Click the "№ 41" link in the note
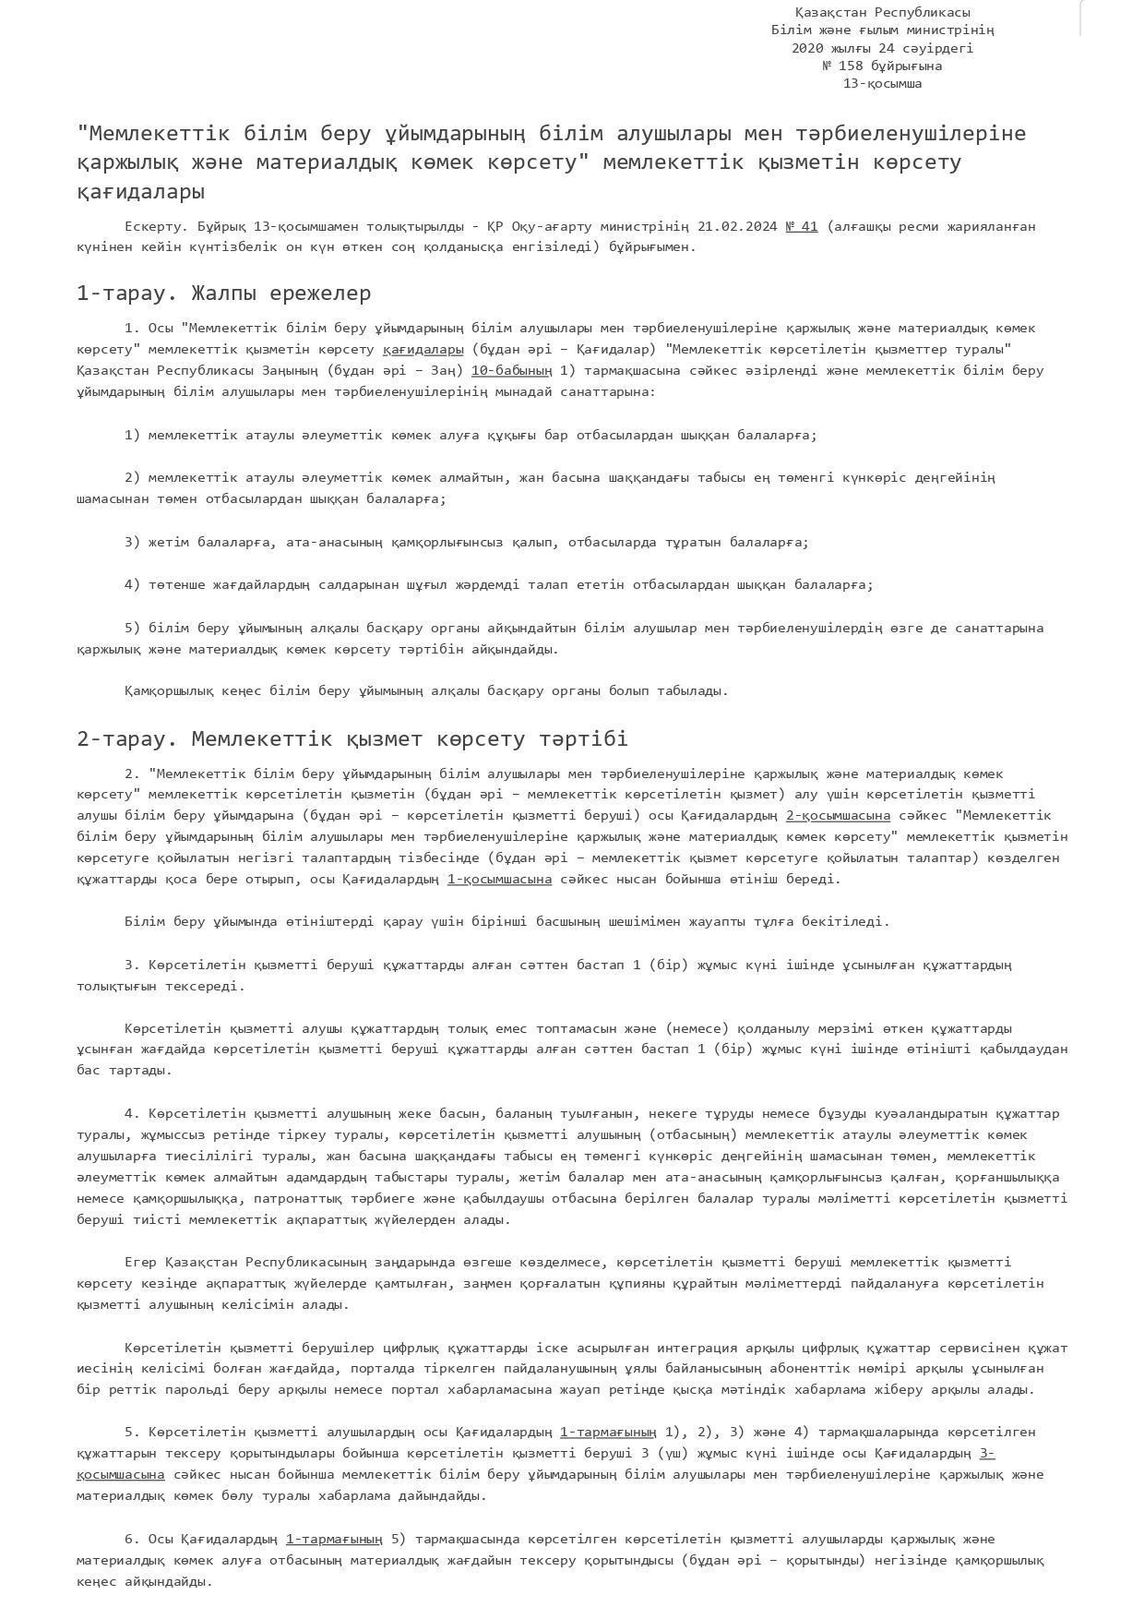pos(801,226)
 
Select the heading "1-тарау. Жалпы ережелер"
pos(223,294)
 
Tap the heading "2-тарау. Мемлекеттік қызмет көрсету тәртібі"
pos(352,738)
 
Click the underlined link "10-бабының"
pos(511,370)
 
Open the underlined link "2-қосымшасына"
pos(838,815)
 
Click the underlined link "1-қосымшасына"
pos(499,879)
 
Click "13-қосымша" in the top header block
pos(882,83)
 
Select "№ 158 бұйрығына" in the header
pos(882,66)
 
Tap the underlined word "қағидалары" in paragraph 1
pos(423,349)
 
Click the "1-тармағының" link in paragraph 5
pos(608,1432)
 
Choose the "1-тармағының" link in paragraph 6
pos(334,1539)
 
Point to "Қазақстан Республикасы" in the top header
pos(882,12)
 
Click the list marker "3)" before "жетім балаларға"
pos(133,542)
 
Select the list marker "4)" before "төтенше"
pos(133,584)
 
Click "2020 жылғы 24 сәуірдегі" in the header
pos(882,48)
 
